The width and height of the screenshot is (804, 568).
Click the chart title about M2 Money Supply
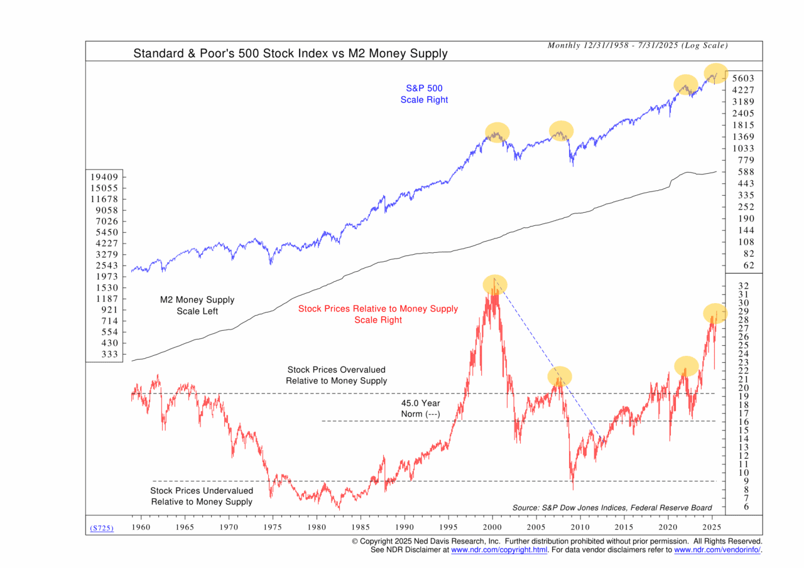pos(290,53)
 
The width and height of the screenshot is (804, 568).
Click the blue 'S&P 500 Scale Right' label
pos(424,94)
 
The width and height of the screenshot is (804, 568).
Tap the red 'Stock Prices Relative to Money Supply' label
pos(378,314)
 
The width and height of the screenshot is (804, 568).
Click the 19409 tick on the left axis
pos(105,177)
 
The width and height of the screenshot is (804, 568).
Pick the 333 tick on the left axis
pos(109,354)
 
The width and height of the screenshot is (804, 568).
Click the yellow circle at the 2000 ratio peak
pos(495,284)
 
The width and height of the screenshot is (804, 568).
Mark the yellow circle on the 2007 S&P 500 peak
pos(561,131)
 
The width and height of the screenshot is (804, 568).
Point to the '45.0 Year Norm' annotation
pos(420,409)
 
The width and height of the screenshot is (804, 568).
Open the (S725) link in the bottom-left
pos(102,528)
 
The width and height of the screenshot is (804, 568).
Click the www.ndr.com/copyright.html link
pos(499,550)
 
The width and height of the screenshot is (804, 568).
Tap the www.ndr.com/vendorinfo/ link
pos(717,550)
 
